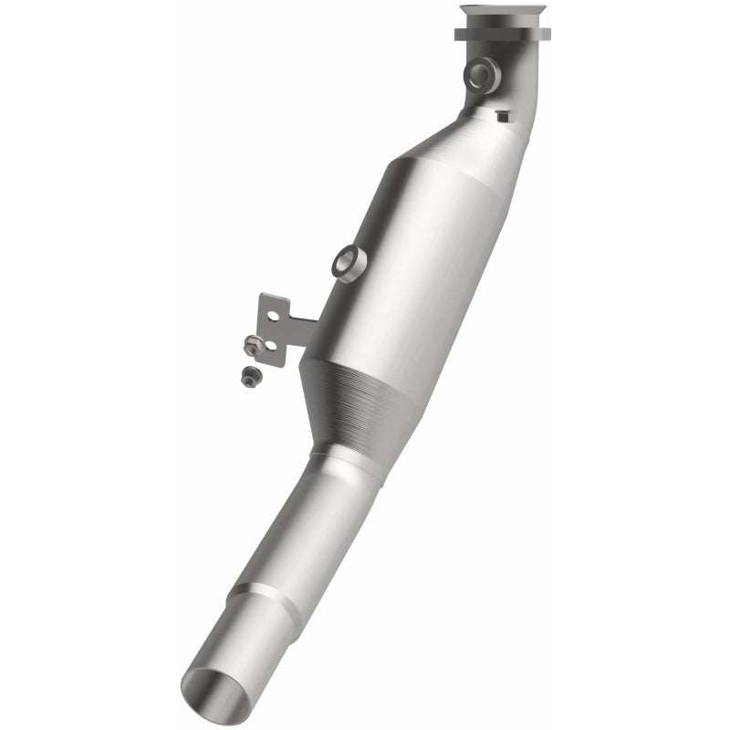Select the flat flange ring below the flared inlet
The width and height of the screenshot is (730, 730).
[x=503, y=35]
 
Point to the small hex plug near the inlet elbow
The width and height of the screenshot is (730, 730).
[x=504, y=116]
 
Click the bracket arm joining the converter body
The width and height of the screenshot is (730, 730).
[x=307, y=325]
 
